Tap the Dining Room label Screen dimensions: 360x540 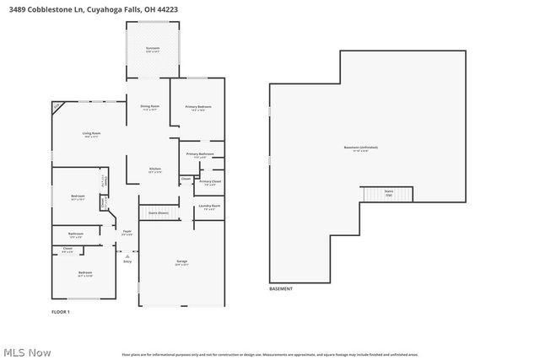(x=150, y=107)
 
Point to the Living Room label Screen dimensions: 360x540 (x=91, y=135)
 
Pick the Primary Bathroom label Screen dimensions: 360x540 (x=201, y=154)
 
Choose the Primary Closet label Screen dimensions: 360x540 (x=210, y=182)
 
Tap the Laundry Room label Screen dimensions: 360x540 (x=209, y=207)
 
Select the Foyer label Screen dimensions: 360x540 (x=127, y=233)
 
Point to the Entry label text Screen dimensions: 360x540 (x=127, y=261)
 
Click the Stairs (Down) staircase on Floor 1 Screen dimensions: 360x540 (x=158, y=213)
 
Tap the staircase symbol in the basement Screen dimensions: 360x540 (x=388, y=194)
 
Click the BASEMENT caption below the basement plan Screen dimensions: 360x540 (x=281, y=289)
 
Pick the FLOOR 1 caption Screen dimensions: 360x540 (x=61, y=312)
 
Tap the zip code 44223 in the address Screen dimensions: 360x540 (x=167, y=8)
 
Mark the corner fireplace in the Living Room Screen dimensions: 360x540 (x=57, y=106)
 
